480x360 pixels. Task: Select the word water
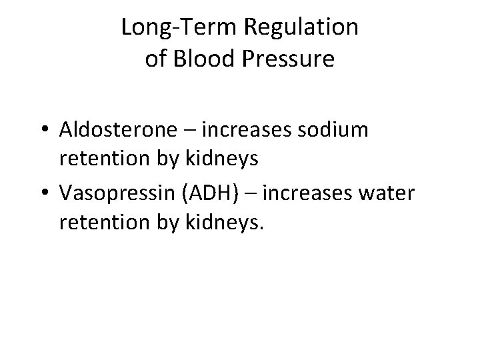tap(386, 193)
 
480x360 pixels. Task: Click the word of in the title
tap(155, 59)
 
